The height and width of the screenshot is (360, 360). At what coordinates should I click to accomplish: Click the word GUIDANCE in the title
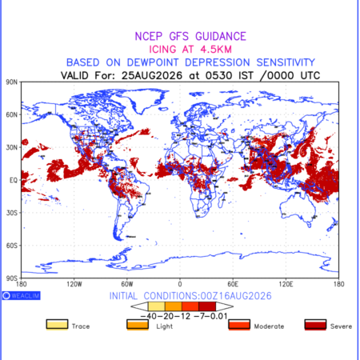point(221,36)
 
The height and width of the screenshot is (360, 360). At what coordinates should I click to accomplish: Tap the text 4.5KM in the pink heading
point(216,50)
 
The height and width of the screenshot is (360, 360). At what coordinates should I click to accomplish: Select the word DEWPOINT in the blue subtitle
point(153,62)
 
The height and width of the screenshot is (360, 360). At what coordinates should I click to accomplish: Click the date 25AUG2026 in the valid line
point(152,75)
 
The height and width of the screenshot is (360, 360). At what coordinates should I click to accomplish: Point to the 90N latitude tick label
point(11,82)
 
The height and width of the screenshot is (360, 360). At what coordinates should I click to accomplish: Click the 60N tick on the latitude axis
point(11,114)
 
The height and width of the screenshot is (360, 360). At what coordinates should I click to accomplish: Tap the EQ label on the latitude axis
point(13,180)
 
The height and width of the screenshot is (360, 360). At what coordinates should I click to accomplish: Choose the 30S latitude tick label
point(11,213)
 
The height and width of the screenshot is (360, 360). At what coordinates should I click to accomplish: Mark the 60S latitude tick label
point(11,246)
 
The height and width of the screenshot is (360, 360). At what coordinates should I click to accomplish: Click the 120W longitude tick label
point(74,284)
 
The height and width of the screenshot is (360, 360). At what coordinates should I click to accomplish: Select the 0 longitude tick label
point(180,284)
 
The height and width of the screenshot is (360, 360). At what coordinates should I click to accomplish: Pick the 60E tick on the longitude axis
point(233,284)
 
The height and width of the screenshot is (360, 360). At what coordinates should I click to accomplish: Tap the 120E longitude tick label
point(286,284)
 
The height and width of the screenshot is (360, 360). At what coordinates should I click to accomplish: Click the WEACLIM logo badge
point(22,295)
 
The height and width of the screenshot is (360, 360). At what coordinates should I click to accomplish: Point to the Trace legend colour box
point(57,325)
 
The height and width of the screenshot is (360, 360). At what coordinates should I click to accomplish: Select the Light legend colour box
point(138,325)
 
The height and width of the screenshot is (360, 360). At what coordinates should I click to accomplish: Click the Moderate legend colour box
point(239,325)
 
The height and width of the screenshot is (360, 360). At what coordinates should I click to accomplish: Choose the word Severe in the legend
point(341,326)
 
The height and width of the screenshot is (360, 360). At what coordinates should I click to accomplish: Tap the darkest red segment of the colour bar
point(207,306)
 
